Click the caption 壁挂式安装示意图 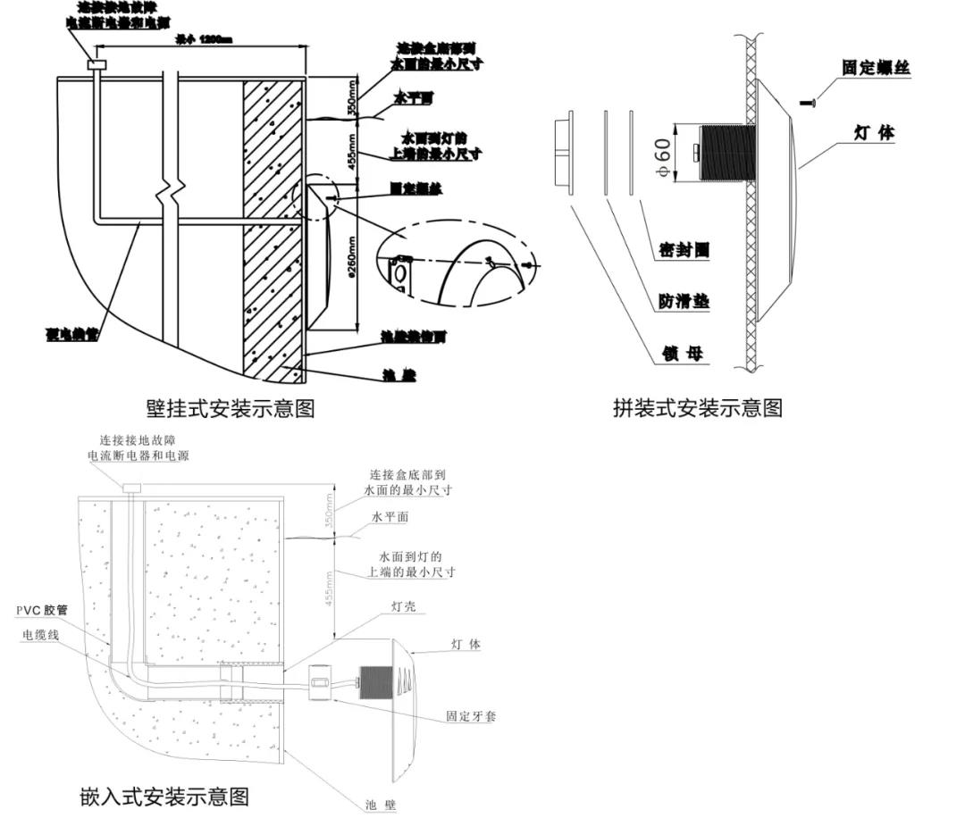(x=230, y=408)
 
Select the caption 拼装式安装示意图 (x=698, y=408)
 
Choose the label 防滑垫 (x=684, y=302)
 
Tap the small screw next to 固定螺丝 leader (x=810, y=104)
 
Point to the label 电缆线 (x=43, y=635)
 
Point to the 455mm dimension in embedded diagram (x=329, y=588)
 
